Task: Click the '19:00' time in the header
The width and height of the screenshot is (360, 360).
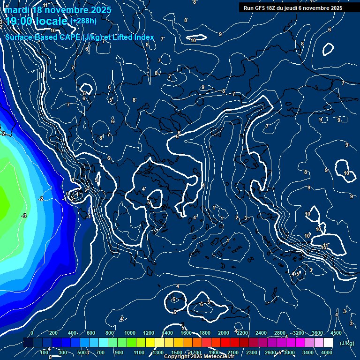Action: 18,22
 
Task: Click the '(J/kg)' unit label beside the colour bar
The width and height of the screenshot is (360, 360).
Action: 347,343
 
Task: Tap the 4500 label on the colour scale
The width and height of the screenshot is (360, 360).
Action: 336,333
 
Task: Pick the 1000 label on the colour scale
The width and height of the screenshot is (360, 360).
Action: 129,333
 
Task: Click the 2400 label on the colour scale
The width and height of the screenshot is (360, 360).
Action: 261,333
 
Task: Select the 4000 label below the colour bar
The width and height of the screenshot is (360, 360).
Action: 327,352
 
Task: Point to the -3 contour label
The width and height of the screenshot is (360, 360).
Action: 23,216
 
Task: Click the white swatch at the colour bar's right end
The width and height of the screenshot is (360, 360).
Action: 328,343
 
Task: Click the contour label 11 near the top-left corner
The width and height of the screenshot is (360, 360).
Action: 45,5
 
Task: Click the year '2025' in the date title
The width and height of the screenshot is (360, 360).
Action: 100,10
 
